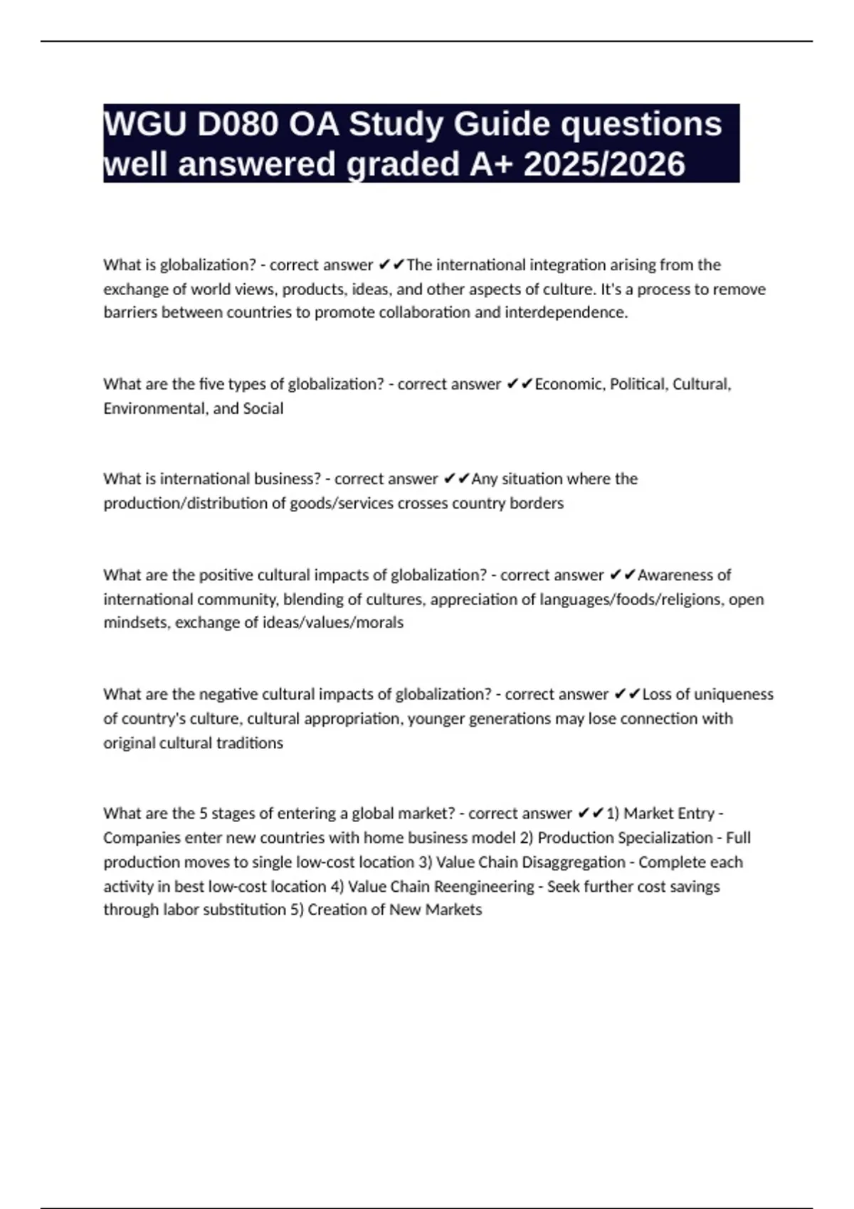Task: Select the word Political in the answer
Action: pos(638,385)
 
